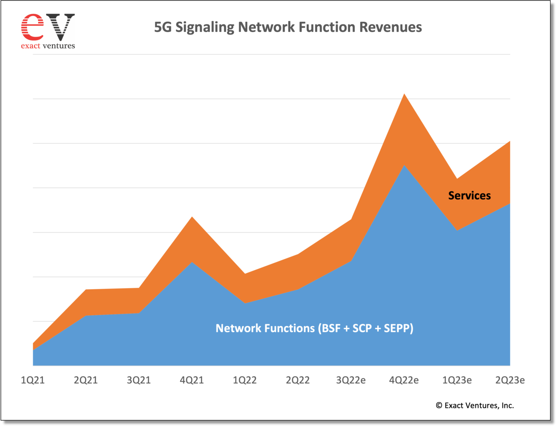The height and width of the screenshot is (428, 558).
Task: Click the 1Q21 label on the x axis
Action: [33, 380]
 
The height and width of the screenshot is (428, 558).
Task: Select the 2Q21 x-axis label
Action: [86, 380]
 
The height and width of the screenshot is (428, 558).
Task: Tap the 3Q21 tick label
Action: [139, 380]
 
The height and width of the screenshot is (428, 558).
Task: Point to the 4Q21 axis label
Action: [192, 380]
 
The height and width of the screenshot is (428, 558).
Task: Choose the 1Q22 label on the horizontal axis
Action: [244, 380]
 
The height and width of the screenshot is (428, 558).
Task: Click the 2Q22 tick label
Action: [298, 380]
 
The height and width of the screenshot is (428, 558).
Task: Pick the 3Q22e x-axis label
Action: [351, 380]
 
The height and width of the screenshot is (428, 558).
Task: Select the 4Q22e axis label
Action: [404, 380]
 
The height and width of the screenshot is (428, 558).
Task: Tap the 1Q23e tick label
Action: [457, 380]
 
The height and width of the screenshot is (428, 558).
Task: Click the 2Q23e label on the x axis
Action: [510, 380]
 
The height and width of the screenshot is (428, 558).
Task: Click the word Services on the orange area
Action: [469, 195]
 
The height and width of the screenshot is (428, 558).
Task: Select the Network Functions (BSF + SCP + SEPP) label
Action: [314, 328]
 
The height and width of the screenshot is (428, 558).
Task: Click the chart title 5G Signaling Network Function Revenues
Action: [288, 27]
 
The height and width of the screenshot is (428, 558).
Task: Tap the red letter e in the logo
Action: [32, 27]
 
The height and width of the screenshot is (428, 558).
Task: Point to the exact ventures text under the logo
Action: [48, 46]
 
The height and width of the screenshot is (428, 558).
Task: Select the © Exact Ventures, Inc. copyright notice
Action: [475, 405]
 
